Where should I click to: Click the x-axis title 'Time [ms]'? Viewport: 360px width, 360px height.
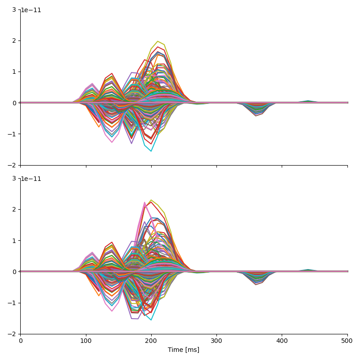[184, 350]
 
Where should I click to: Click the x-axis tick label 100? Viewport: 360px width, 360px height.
[86, 341]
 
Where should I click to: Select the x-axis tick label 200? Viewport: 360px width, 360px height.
[151, 341]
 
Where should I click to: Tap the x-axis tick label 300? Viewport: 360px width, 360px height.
[216, 341]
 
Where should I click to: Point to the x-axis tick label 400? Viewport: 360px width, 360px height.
[282, 341]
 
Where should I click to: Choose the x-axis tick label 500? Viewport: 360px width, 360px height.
[347, 341]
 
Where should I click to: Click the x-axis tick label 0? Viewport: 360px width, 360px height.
[21, 341]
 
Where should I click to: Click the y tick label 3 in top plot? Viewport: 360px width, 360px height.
[14, 9]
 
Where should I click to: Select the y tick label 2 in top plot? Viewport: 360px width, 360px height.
[14, 40]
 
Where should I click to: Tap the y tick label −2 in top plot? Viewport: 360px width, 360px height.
[12, 165]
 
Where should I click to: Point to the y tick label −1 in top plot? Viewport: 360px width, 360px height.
[12, 134]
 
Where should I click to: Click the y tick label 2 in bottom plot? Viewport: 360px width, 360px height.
[14, 209]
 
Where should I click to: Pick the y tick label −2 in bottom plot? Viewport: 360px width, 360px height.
[12, 334]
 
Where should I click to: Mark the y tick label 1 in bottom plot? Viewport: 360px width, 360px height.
[14, 241]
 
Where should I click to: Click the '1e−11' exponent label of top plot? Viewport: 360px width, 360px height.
[31, 10]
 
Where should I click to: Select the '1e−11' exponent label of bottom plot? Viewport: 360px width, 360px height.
[31, 179]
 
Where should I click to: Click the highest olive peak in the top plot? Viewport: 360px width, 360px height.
[158, 41]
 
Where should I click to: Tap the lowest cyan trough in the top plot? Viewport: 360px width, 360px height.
[151, 151]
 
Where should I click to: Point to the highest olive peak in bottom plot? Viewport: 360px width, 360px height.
[151, 200]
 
